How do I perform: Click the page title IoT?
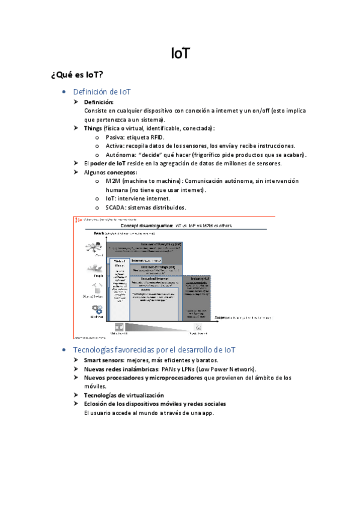180,54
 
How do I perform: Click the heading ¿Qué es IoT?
78,75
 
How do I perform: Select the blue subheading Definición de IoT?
102,92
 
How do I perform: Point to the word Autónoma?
120,155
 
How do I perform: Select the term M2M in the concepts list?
112,181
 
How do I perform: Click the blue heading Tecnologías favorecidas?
154,349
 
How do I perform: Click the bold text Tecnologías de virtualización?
124,395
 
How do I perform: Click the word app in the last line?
208,413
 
